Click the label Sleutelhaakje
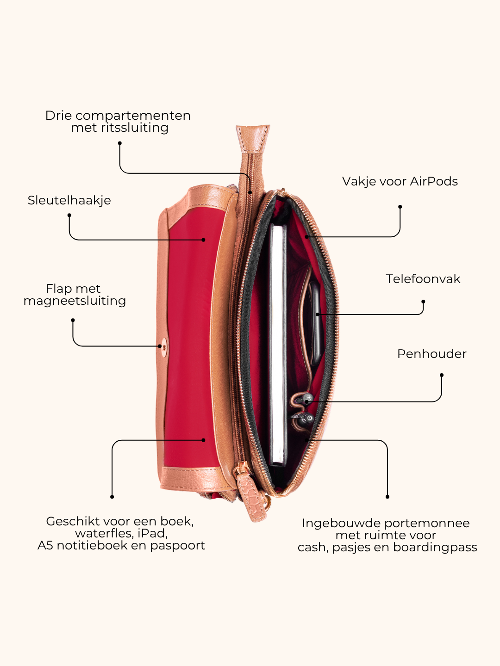69,201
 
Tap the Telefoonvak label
423,279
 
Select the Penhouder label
431,354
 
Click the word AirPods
434,181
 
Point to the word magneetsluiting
75,301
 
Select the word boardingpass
435,548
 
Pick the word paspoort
178,546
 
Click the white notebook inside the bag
278,345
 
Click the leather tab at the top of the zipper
253,138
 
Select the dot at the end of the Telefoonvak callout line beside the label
423,302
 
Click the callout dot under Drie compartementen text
119,143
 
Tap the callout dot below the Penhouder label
441,376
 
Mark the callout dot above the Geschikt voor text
112,497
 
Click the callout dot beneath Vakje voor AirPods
400,207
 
